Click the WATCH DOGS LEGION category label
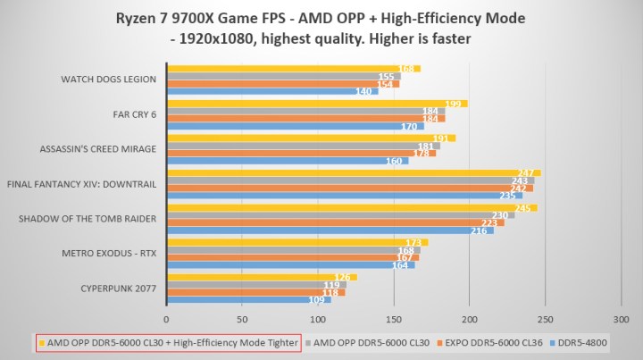coord(108,79)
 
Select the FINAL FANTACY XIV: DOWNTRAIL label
coord(82,184)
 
